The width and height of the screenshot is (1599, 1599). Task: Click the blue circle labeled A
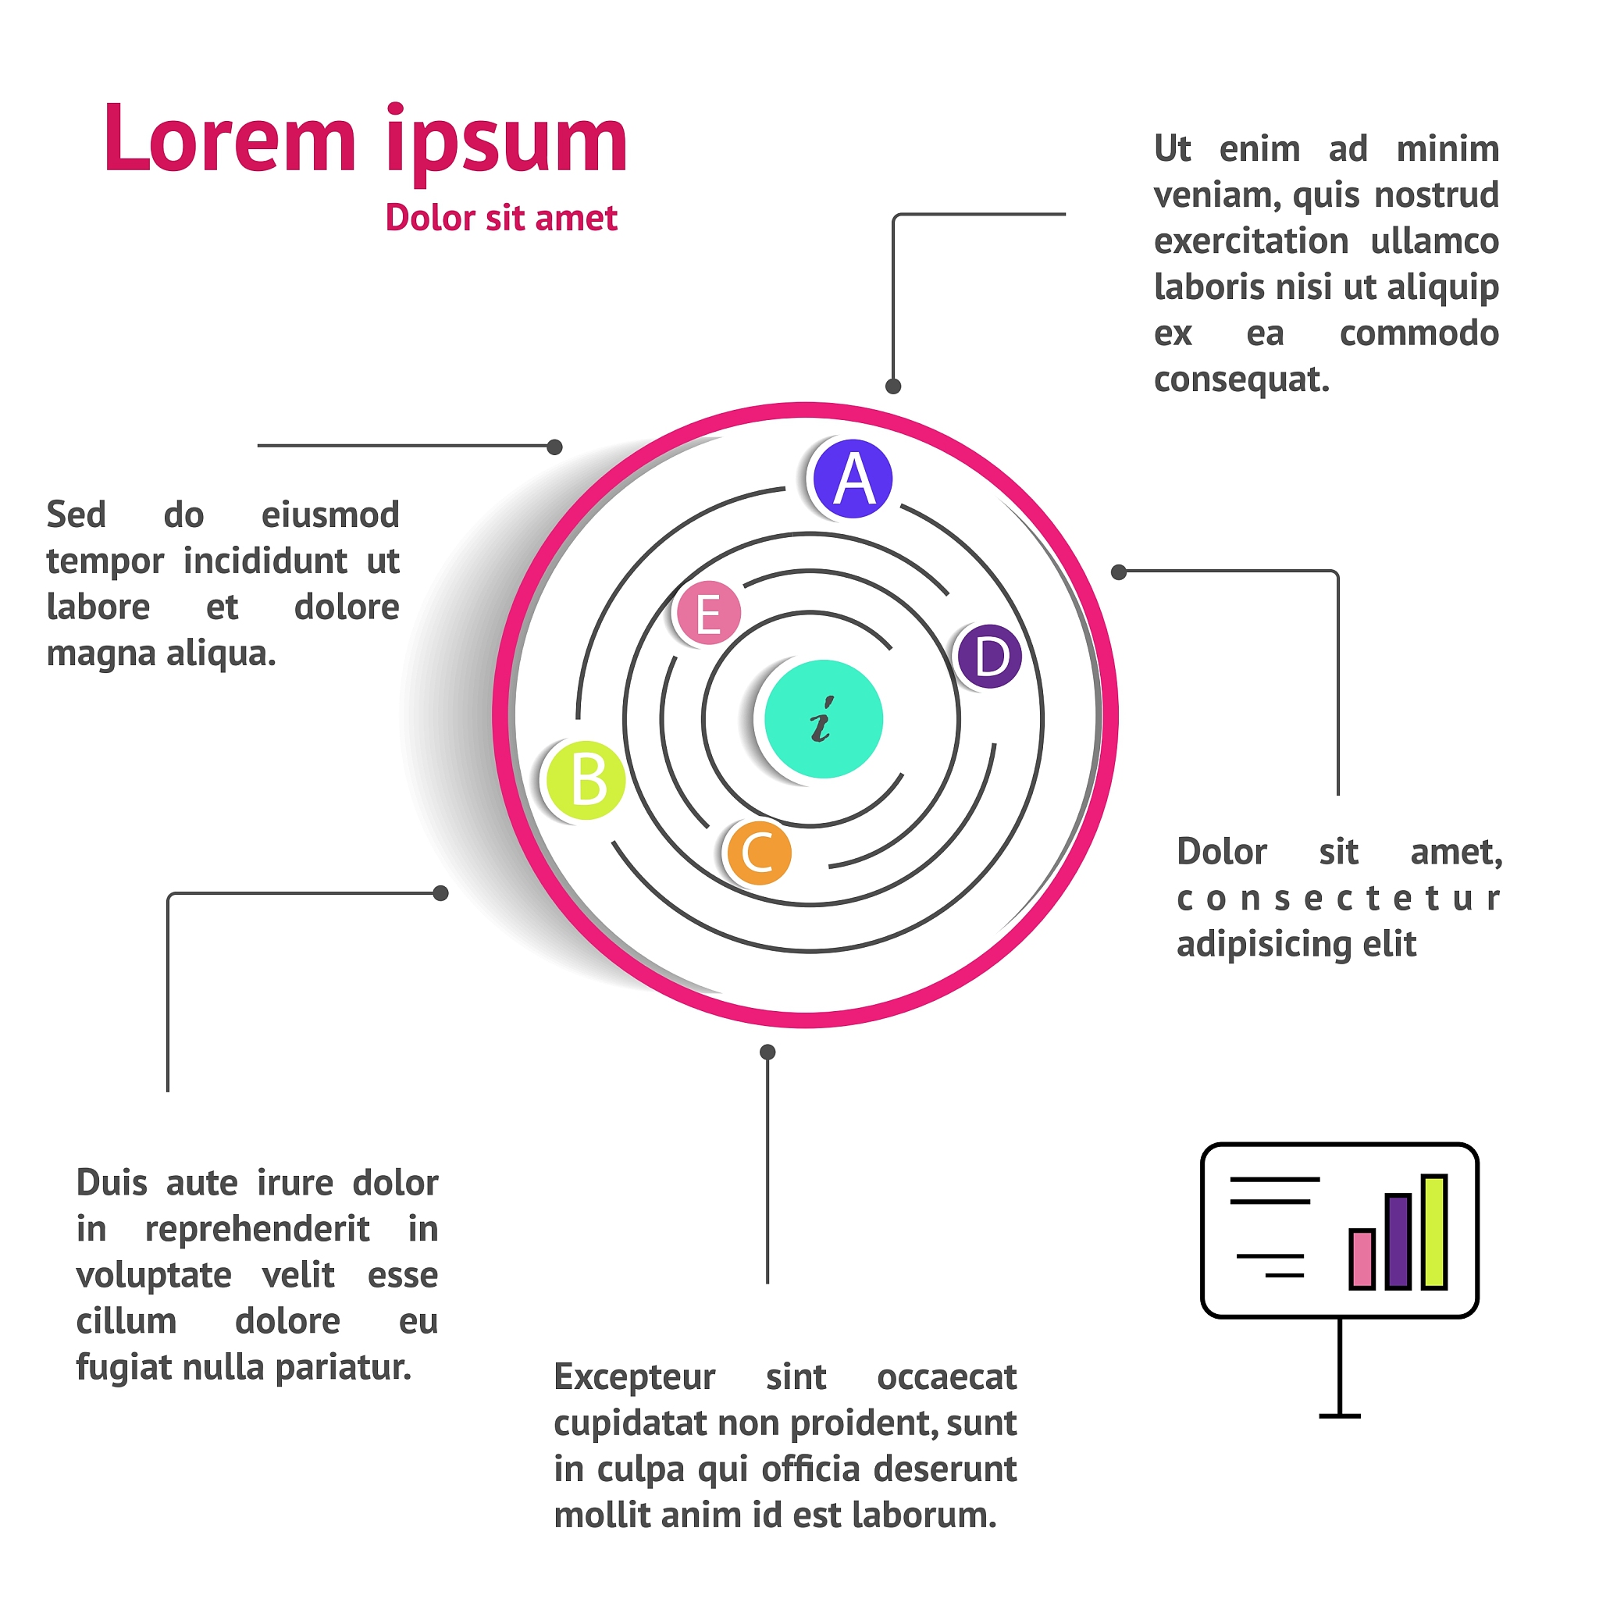coord(853,479)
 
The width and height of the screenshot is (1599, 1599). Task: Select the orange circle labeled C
coord(759,853)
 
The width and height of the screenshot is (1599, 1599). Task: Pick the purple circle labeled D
coord(989,657)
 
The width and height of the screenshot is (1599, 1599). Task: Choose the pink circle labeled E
coord(708,613)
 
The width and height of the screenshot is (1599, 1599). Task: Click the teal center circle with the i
coord(823,718)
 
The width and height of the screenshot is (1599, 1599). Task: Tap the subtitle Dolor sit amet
coord(500,219)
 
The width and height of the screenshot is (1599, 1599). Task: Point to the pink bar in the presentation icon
coord(1362,1259)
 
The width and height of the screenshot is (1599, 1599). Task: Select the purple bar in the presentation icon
coord(1398,1241)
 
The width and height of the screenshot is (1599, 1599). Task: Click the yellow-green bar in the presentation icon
coord(1434,1231)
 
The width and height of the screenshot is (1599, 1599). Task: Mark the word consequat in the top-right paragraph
coord(1241,380)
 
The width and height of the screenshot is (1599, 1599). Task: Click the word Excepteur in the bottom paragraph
coord(634,1377)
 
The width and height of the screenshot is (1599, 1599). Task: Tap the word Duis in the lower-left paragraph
coord(112,1183)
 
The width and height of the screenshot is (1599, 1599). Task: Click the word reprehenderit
coord(257,1229)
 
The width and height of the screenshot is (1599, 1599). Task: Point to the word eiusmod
coord(330,515)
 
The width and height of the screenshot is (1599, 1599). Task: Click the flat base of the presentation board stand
coord(1339,1416)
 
